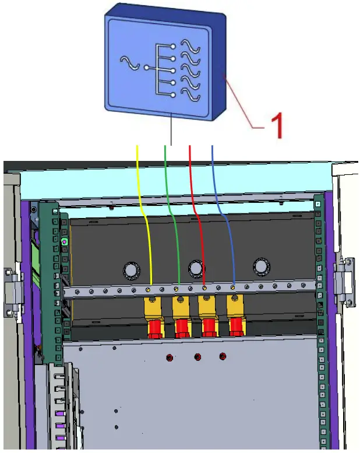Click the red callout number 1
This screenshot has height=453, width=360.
click(x=277, y=124)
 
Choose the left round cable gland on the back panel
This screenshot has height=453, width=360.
click(x=132, y=269)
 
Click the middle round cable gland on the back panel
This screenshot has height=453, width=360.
click(x=197, y=269)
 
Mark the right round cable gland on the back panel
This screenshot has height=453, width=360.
click(x=262, y=267)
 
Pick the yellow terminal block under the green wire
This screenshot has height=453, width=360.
click(x=181, y=307)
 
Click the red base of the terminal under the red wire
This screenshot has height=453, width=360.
click(x=209, y=328)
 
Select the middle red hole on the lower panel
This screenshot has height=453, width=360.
click(x=197, y=357)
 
